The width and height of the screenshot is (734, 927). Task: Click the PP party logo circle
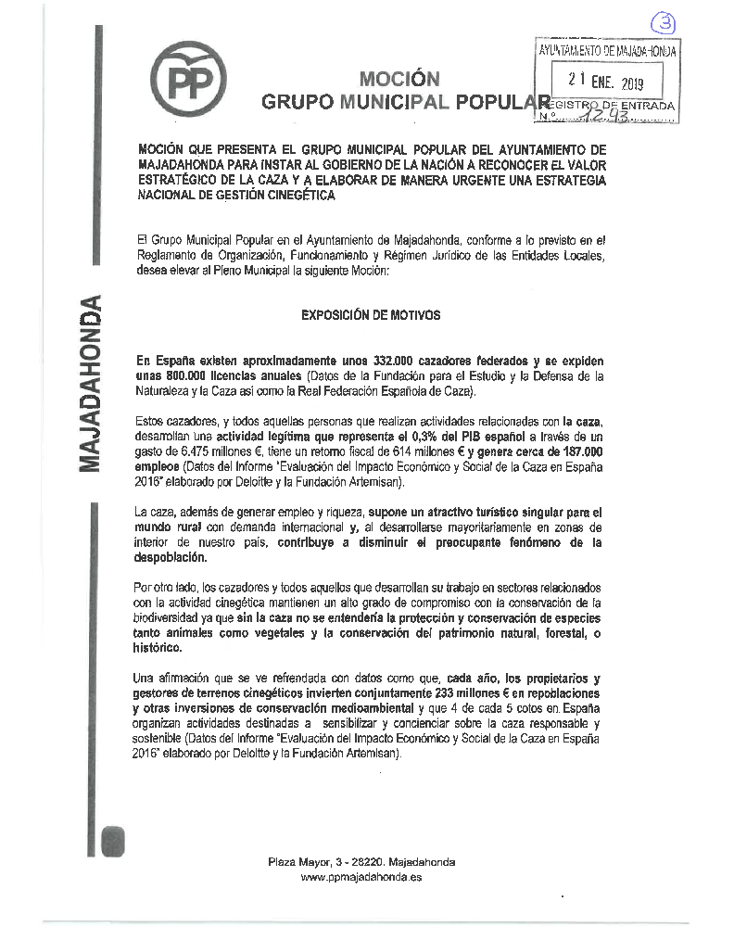click(195, 81)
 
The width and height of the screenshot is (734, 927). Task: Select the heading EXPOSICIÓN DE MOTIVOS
click(371, 315)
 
